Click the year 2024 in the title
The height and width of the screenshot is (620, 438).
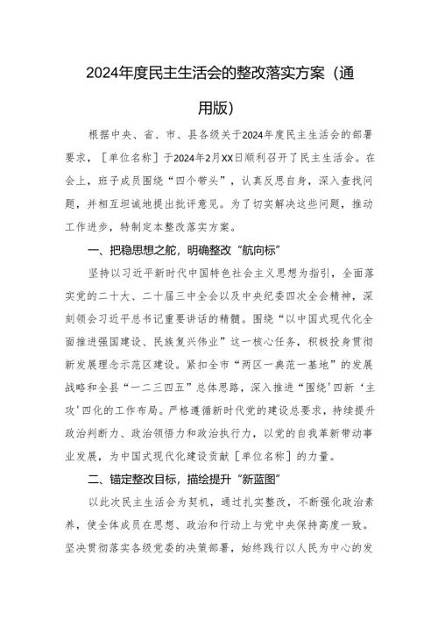(x=103, y=72)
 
